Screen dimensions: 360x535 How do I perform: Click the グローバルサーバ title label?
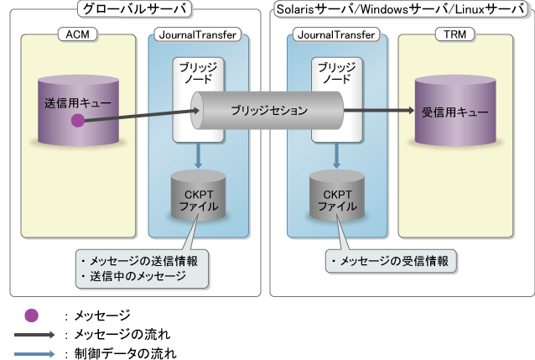(x=133, y=10)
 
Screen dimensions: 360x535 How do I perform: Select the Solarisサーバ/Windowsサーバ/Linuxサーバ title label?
(x=401, y=10)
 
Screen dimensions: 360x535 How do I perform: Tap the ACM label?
(x=76, y=34)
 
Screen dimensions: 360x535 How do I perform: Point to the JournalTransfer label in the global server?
(x=196, y=34)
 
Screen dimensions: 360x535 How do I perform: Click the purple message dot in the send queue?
(x=77, y=121)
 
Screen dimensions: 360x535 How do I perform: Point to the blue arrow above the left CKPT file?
(x=196, y=155)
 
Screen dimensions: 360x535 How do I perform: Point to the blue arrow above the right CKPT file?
(x=335, y=155)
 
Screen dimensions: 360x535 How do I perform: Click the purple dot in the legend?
(x=31, y=316)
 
